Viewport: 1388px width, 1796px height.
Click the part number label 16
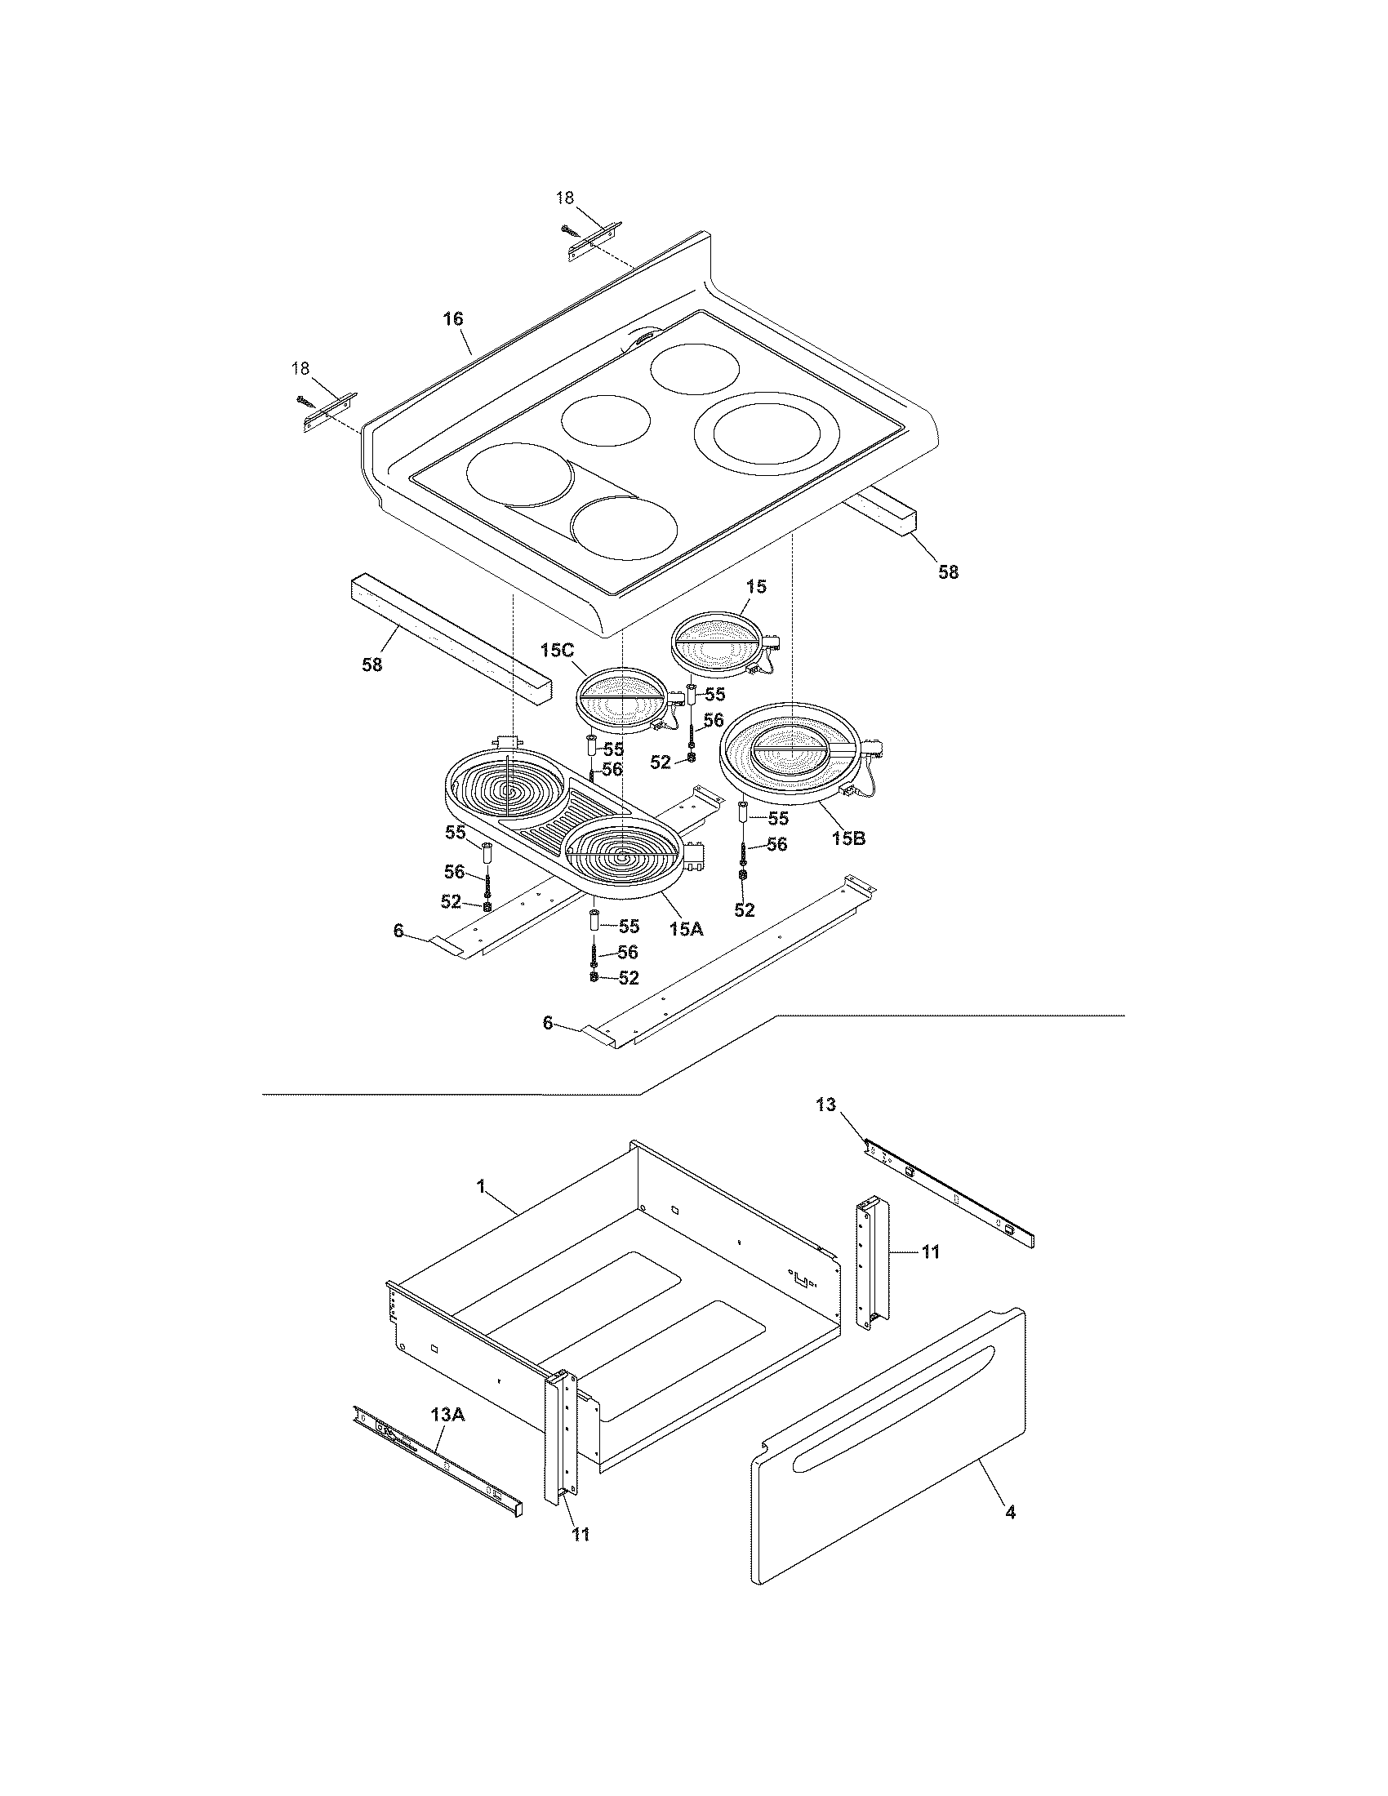453,318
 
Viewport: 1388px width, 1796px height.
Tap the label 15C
557,650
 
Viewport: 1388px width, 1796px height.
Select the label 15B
847,838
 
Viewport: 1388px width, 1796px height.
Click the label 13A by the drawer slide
447,1415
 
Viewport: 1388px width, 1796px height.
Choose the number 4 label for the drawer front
1010,1511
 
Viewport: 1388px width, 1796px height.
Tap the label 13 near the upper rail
825,1105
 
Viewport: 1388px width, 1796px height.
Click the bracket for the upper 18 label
594,242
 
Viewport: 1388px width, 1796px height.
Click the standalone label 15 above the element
756,586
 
